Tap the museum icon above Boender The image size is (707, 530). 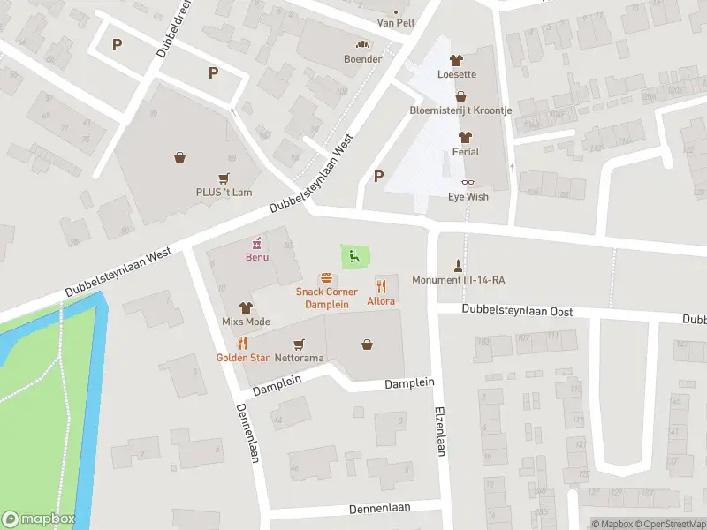point(362,45)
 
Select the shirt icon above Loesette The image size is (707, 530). point(456,61)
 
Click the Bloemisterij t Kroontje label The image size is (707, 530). point(460,110)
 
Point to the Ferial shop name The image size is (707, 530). point(466,152)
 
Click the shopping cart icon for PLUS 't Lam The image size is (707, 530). point(224,178)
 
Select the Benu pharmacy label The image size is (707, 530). point(257,257)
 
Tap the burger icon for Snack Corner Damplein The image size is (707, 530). point(326,278)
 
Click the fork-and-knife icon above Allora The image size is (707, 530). point(382,286)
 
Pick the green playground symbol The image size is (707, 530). point(354,257)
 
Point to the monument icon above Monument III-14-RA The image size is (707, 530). point(458,265)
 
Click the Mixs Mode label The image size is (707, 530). point(246,322)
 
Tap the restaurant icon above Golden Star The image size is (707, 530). point(241,344)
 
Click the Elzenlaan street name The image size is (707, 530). point(439,430)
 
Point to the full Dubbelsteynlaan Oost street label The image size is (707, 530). point(518,312)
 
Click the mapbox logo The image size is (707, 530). point(38,519)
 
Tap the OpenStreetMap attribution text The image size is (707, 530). point(668,524)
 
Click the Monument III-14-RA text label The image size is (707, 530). point(464,280)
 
